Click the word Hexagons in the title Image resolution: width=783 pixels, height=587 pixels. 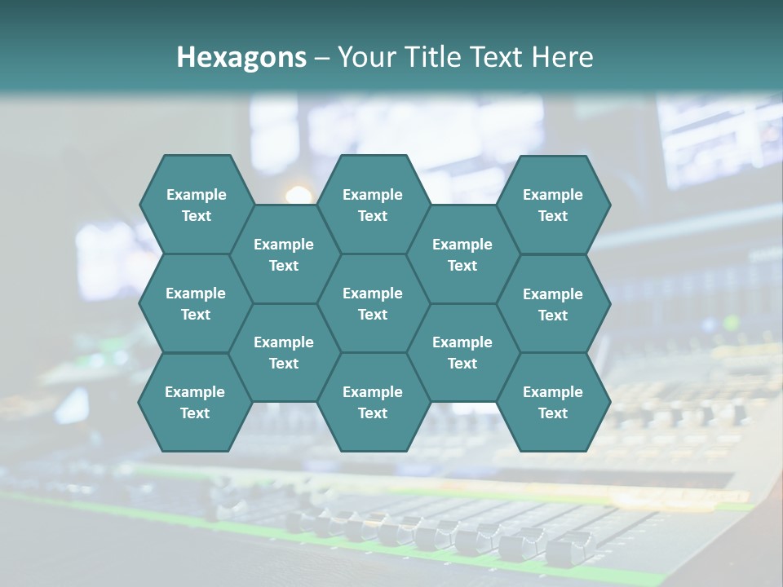tap(241, 57)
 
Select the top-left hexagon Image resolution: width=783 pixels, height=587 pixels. tap(196, 205)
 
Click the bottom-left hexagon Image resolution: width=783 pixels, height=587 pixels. tap(195, 402)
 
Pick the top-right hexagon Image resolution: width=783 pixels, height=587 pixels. tap(553, 205)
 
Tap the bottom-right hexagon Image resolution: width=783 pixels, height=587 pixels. tap(553, 402)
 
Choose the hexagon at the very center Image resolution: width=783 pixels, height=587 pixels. tap(373, 303)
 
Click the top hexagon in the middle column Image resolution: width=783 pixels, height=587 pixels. tap(373, 205)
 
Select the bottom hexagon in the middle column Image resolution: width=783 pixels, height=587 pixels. tap(373, 402)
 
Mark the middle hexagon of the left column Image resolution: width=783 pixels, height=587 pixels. tap(196, 303)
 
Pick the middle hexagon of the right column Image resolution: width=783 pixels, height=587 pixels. tap(553, 304)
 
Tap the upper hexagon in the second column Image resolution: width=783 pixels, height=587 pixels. tap(284, 254)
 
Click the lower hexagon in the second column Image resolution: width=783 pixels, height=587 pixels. tap(284, 352)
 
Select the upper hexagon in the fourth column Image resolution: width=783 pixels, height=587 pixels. tap(462, 254)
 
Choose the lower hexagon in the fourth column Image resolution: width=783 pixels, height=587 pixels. tap(462, 352)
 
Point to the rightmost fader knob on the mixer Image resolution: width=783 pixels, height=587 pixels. tap(570, 546)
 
